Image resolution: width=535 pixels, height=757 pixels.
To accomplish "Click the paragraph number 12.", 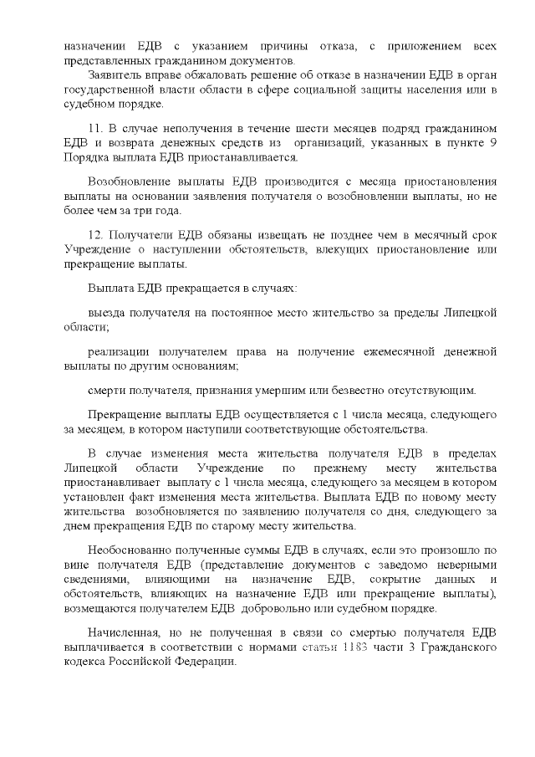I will pyautogui.click(x=94, y=237).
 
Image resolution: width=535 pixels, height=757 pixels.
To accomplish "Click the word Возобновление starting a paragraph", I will pyautogui.click(x=130, y=182).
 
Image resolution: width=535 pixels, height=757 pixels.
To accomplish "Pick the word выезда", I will pyautogui.click(x=106, y=312).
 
